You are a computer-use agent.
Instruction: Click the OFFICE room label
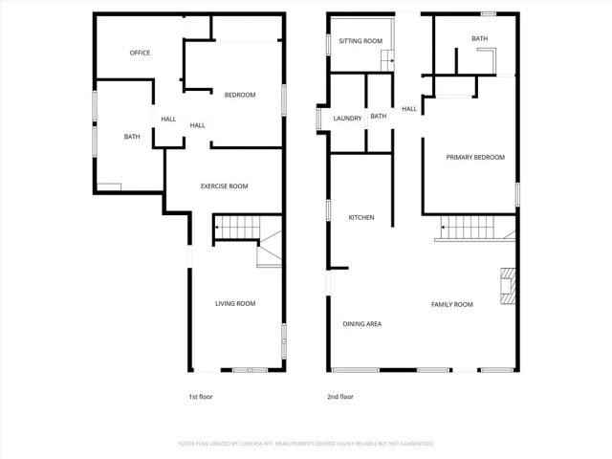(141, 53)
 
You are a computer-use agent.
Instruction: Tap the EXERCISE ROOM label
(225, 186)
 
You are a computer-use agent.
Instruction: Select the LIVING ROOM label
(235, 303)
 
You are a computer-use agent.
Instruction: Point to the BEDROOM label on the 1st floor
(240, 95)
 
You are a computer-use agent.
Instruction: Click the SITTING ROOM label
(361, 41)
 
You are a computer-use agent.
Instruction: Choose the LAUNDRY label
(347, 118)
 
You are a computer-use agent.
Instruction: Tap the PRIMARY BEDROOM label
(475, 157)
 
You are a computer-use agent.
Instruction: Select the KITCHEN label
(361, 218)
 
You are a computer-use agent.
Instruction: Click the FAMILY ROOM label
(452, 304)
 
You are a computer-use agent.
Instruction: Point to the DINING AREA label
(362, 324)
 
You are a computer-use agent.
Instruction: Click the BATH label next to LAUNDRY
(379, 117)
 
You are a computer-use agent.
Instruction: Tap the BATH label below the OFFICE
(132, 137)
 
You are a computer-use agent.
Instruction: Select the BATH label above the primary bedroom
(479, 39)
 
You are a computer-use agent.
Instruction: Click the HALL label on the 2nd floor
(409, 109)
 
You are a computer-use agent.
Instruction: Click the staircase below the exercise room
(236, 228)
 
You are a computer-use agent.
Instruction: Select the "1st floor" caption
(201, 396)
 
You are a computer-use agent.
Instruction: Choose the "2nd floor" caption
(340, 396)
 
